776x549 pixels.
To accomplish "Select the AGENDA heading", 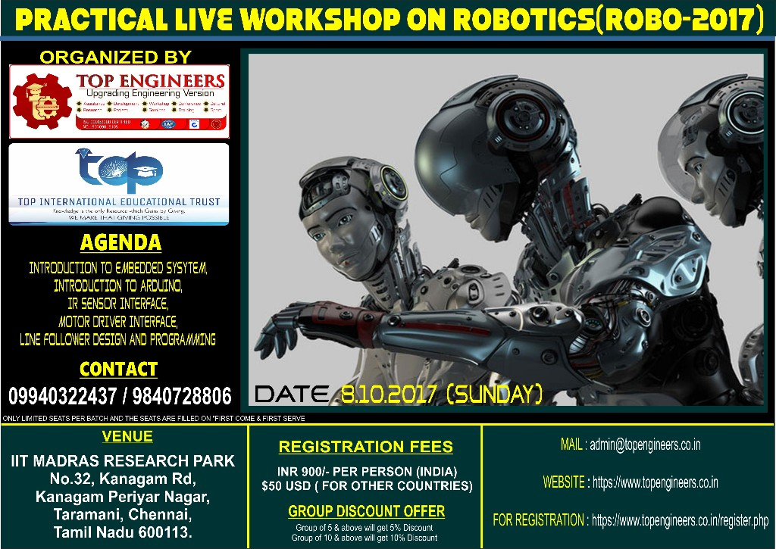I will click(120, 243).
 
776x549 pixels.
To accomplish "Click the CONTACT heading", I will click(118, 369).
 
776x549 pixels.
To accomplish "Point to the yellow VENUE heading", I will click(127, 436).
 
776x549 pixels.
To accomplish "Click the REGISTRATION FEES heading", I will click(366, 447).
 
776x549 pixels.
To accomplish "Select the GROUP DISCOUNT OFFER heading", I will click(366, 511).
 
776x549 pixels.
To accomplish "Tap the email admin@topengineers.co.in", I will click(644, 445).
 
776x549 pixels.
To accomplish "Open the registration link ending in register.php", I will click(680, 520).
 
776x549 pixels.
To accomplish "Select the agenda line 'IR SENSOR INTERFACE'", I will click(118, 304).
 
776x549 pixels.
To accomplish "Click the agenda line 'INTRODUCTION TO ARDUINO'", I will click(118, 286).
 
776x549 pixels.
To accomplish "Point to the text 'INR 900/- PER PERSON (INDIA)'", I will click(366, 471).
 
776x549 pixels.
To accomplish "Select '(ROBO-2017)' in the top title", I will click(679, 20).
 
